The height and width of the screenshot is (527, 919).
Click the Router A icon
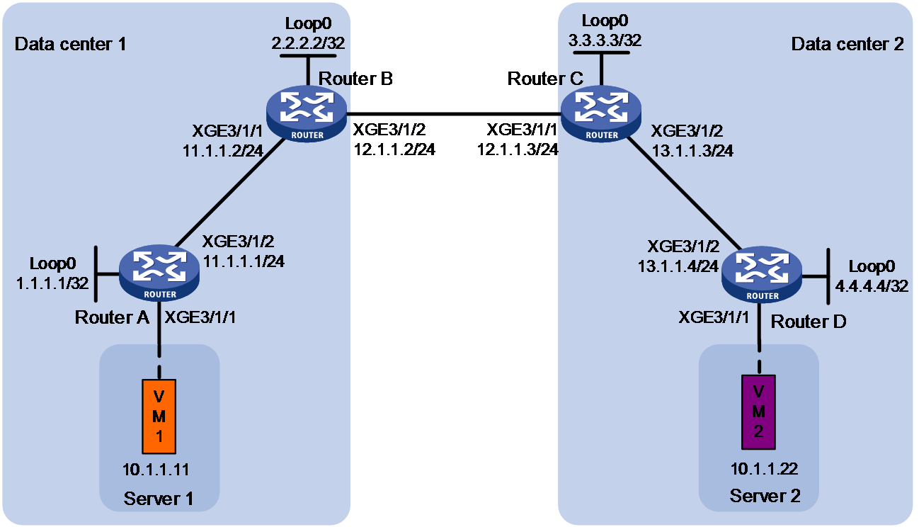click(159, 273)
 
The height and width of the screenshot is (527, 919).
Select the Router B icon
click(307, 114)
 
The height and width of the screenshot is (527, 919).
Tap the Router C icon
click(601, 114)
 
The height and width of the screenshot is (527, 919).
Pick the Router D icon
click(762, 275)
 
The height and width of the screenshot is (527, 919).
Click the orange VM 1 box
click(159, 416)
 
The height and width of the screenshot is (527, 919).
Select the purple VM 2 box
click(758, 412)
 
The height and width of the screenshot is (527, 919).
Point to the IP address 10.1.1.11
click(156, 470)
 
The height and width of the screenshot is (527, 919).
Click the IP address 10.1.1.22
click(764, 469)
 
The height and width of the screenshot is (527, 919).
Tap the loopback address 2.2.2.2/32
click(308, 42)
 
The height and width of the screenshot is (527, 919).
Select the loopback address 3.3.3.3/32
click(605, 40)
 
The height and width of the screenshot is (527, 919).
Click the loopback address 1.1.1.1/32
click(52, 283)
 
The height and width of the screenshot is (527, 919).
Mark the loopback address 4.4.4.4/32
click(872, 286)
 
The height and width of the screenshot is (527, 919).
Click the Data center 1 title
click(70, 44)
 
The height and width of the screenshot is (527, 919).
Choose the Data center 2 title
click(847, 44)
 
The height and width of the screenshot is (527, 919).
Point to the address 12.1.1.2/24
click(394, 149)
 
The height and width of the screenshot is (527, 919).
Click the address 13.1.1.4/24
click(678, 266)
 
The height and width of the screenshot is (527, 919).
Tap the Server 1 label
click(159, 499)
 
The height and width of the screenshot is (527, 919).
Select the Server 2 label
click(765, 496)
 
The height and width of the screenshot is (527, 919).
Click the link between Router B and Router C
click(454, 114)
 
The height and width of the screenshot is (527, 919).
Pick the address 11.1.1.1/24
click(244, 261)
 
